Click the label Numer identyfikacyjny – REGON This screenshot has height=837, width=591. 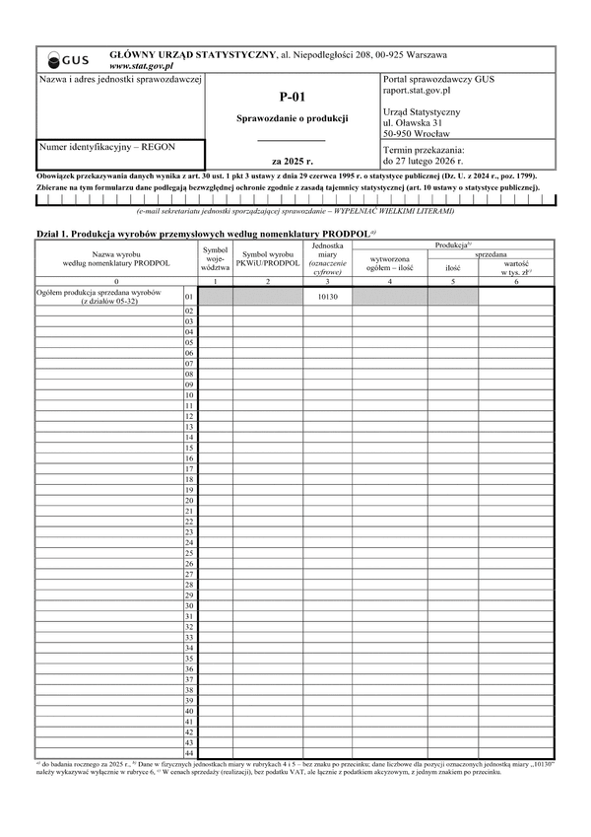[x=106, y=147]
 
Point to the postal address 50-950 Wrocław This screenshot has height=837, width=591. [x=417, y=133]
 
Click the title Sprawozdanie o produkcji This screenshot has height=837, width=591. [x=293, y=118]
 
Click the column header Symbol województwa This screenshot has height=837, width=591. [x=215, y=259]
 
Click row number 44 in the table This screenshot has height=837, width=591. [x=189, y=752]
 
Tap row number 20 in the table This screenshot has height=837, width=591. [x=189, y=500]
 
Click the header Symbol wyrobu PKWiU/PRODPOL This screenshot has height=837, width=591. [x=267, y=259]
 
